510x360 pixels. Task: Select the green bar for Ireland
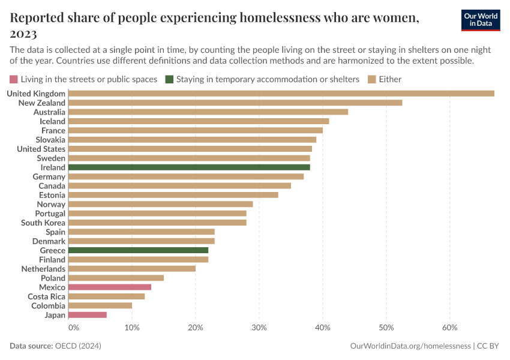(189, 167)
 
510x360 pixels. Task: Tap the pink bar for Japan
(88, 315)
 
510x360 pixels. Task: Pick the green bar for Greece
(138, 250)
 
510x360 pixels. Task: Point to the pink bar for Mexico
(110, 287)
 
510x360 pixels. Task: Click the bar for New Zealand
(235, 103)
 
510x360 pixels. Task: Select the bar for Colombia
(100, 306)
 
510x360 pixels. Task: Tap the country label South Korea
(43, 223)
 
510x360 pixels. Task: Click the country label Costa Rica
(47, 296)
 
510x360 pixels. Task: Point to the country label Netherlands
(43, 269)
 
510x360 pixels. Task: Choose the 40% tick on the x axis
(323, 328)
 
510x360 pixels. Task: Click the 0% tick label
(73, 328)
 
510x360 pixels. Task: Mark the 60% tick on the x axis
(450, 328)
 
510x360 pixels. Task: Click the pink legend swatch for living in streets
(14, 79)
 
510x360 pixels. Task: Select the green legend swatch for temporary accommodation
(170, 79)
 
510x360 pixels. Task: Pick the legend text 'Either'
(390, 79)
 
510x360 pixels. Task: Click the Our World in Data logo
(481, 19)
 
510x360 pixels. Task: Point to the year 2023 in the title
(23, 33)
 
